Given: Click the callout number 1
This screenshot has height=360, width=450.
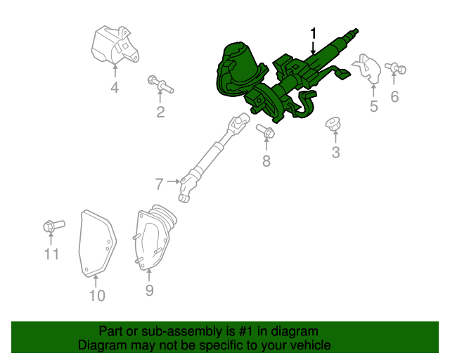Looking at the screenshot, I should [314, 33].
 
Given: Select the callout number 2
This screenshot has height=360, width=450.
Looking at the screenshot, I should [160, 112].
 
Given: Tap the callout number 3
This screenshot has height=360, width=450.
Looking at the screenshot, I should [335, 153].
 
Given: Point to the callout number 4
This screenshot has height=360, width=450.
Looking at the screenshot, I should [114, 88].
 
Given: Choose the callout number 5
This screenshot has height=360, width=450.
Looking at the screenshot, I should [374, 106].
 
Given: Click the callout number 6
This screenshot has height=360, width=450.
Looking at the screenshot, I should [394, 97].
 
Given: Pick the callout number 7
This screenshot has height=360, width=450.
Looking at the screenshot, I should [159, 184].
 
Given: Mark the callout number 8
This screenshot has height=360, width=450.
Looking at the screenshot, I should [266, 162].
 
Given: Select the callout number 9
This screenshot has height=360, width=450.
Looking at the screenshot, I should [149, 290].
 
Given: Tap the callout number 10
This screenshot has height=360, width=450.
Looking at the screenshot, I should [97, 295].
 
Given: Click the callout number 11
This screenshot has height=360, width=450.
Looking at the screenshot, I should [51, 255].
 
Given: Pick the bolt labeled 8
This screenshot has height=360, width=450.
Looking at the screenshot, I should [266, 131].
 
